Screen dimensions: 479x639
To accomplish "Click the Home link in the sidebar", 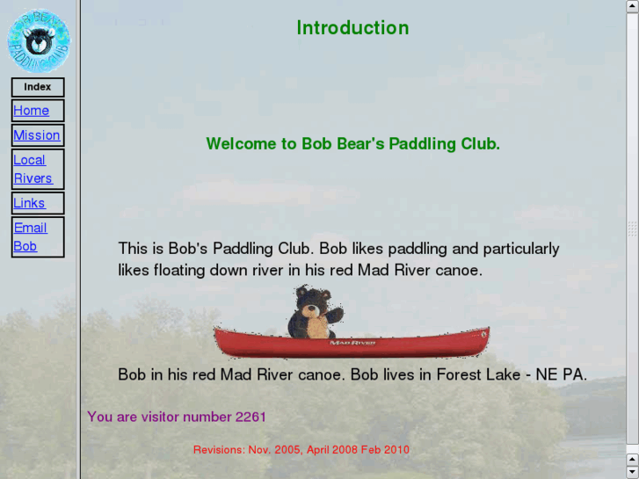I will [31, 111].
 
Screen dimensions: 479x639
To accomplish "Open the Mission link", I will [37, 135].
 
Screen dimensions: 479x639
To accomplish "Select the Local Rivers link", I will [33, 169].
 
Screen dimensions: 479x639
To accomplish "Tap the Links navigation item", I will [29, 203].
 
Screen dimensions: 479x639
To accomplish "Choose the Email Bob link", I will [30, 236].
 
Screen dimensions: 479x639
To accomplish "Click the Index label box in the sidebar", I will [38, 87].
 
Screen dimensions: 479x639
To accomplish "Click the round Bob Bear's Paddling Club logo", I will [38, 40].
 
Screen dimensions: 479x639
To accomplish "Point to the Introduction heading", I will [352, 28].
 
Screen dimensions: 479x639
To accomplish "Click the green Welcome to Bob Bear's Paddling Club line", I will [352, 143].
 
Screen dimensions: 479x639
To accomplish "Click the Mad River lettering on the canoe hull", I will [352, 342].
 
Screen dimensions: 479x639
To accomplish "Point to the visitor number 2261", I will [251, 417].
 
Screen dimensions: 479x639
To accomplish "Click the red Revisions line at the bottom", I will [301, 450].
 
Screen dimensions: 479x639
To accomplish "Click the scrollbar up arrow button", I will [632, 5].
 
